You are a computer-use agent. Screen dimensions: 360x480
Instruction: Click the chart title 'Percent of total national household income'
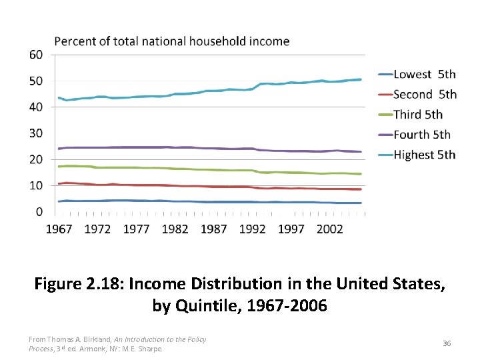tap(171, 41)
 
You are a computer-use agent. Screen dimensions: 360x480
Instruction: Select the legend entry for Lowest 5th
tap(425, 74)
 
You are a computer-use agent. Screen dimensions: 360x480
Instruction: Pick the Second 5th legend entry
tap(425, 94)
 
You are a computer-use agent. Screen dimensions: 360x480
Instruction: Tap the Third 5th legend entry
tap(418, 114)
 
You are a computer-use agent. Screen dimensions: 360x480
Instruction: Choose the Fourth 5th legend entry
tap(422, 135)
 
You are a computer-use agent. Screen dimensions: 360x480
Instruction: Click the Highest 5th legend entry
tap(425, 155)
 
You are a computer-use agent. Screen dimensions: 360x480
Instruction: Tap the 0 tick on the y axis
tap(39, 212)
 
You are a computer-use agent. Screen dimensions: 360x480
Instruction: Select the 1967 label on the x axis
tap(59, 229)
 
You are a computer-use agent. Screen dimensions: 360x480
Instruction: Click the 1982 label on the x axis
tap(175, 229)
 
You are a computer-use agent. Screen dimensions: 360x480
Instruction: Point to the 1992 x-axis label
tap(252, 229)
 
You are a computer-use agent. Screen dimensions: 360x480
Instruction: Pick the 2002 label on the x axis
tap(329, 229)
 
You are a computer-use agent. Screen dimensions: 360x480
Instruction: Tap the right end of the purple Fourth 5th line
tap(361, 152)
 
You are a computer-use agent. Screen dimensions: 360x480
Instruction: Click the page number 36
tap(447, 343)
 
